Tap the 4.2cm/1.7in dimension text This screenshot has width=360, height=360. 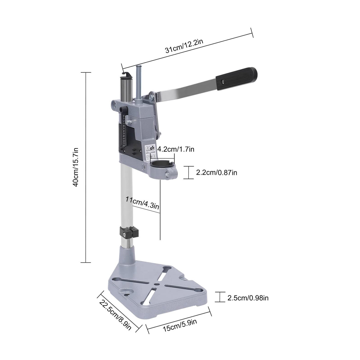tap(176, 149)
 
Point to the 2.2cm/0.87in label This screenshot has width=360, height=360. tap(216, 173)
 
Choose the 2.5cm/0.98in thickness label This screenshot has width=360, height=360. tap(248, 298)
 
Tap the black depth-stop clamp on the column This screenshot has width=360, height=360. tap(130, 232)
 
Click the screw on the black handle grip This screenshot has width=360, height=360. tap(222, 81)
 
